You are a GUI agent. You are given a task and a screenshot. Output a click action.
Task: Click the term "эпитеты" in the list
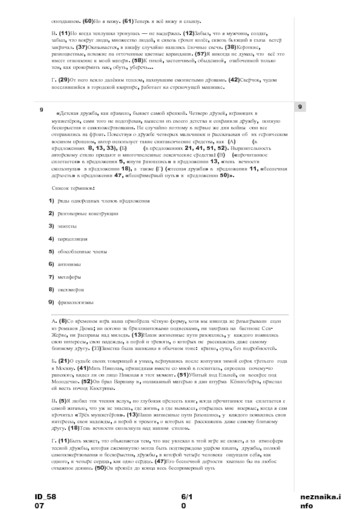(x=67, y=226)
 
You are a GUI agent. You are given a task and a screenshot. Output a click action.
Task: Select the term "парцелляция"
(x=72, y=238)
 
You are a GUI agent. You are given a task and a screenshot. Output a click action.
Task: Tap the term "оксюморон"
(x=71, y=290)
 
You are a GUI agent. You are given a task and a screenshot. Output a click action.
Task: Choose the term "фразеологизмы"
(x=76, y=303)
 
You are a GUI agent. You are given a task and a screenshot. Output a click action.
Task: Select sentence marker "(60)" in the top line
(x=88, y=21)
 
